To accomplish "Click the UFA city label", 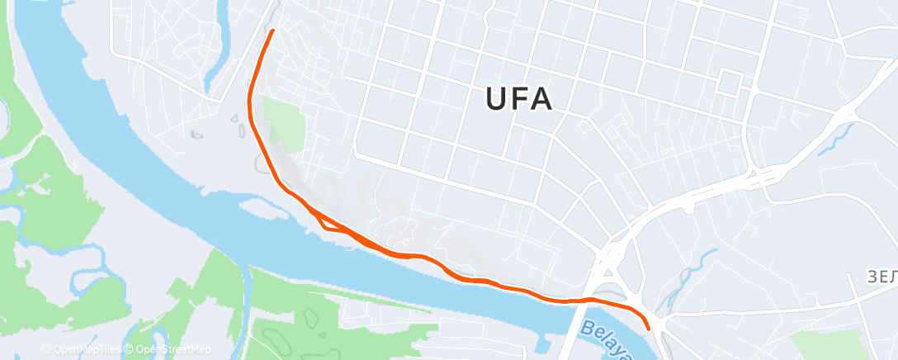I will tap(518, 99).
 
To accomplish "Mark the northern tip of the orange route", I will tap(272, 31).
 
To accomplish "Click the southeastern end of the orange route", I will tap(650, 327).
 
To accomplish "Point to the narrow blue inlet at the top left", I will tap(221, 50).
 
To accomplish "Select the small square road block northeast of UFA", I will tap(730, 83).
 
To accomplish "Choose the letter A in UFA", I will tap(541, 99).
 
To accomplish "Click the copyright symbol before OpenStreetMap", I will tap(130, 349).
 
